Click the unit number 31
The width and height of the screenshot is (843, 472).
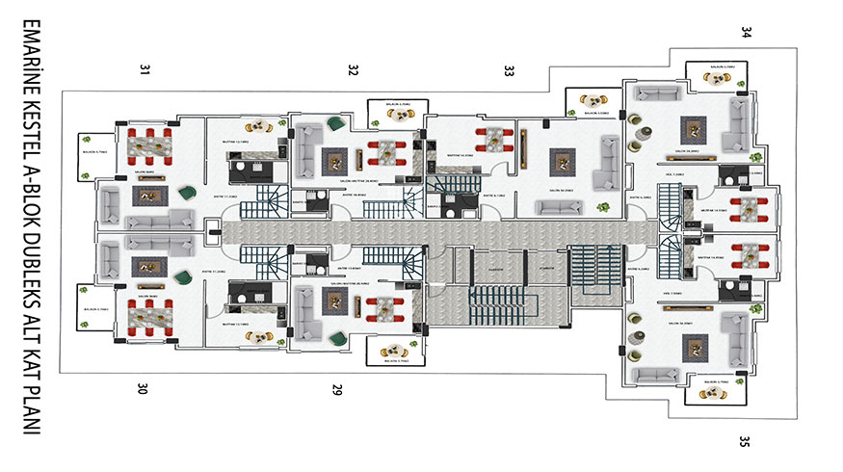click(x=145, y=68)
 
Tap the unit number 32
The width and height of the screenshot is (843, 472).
click(x=353, y=69)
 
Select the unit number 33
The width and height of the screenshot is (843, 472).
click(x=509, y=69)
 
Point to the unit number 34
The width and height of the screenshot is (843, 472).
click(x=746, y=32)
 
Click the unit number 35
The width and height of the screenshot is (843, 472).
click(x=744, y=442)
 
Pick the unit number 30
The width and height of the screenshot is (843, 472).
click(x=143, y=389)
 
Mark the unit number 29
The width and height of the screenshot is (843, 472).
click(x=336, y=390)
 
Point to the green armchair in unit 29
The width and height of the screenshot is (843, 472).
click(x=335, y=337)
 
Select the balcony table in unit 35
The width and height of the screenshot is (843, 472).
click(x=714, y=387)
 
